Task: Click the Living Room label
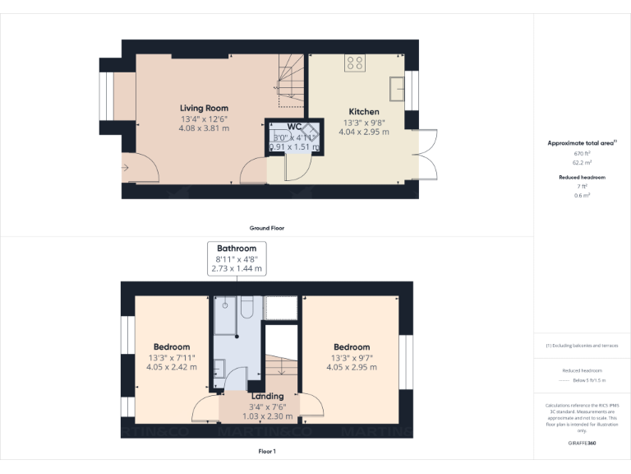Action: click(205, 108)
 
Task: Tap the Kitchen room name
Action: click(364, 111)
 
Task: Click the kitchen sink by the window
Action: click(398, 86)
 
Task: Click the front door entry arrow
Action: click(124, 168)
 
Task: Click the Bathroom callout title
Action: click(237, 248)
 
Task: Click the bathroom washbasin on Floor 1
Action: click(219, 368)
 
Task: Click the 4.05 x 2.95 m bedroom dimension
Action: click(351, 367)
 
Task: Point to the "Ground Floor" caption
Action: click(267, 228)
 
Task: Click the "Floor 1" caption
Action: click(267, 452)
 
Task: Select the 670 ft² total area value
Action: click(582, 153)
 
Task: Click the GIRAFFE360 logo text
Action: click(582, 444)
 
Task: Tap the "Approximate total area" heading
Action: click(580, 143)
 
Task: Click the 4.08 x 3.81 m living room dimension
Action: click(205, 128)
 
